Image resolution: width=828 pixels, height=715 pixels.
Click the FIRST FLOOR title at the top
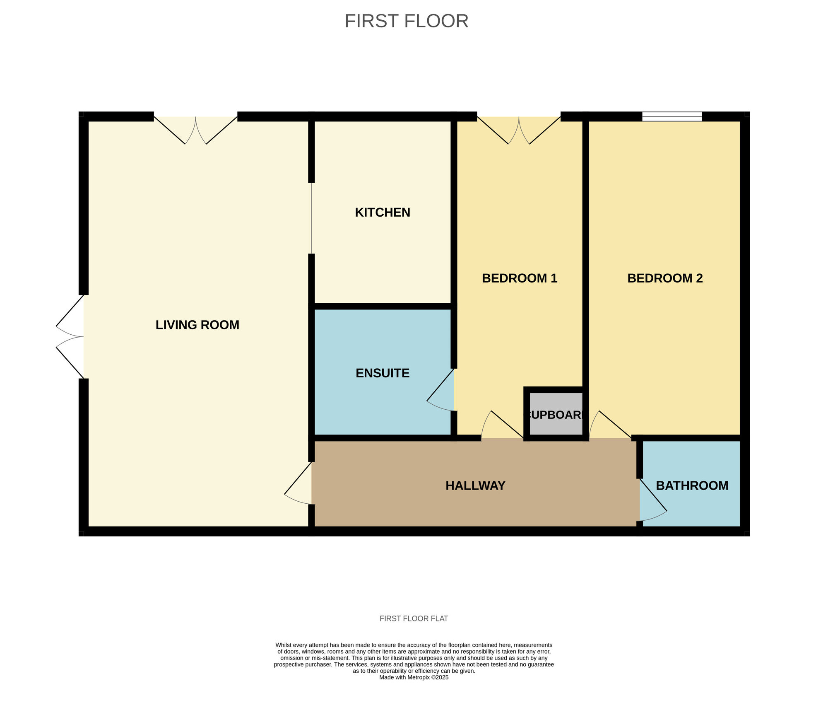point(406,21)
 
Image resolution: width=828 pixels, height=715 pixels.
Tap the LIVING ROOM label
point(197,325)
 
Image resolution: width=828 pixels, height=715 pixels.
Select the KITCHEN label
point(383,213)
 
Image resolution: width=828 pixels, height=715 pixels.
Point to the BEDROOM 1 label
point(520,278)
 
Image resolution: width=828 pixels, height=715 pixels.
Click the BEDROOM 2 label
point(665,278)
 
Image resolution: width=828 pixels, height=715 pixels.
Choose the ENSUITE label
point(383,373)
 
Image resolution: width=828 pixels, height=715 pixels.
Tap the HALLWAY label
point(475,486)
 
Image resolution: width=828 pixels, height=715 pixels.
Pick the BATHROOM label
point(692,486)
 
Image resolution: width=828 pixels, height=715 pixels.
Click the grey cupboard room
point(556,413)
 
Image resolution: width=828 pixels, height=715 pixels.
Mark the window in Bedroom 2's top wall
point(672,116)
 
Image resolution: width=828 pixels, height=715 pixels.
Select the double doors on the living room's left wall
point(70,337)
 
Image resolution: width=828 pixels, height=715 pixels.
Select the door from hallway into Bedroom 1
point(502,425)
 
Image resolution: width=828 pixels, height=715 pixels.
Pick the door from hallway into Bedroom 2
point(610,425)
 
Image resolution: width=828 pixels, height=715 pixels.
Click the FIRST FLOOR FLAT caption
point(414,618)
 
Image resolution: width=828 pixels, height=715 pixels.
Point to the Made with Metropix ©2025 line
point(414,677)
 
